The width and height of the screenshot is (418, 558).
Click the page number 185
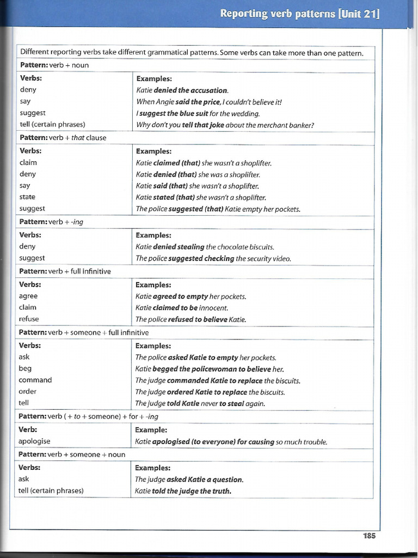(x=369, y=536)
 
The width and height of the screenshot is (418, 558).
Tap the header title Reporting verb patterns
(x=299, y=14)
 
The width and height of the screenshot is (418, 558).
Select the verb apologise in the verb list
(x=34, y=441)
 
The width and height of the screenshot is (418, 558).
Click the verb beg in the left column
(x=25, y=368)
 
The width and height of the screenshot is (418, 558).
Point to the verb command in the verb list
(x=35, y=380)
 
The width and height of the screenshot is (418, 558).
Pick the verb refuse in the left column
(x=29, y=319)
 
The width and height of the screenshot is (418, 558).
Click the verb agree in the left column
(x=28, y=296)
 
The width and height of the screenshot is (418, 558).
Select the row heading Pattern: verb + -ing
(x=51, y=222)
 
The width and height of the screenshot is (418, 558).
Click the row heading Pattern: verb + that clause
(x=63, y=138)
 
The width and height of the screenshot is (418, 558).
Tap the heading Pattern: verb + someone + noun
(x=72, y=454)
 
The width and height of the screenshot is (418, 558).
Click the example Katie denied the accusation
(x=182, y=90)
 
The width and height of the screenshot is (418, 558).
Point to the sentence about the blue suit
(x=198, y=113)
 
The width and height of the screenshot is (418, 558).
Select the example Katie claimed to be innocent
(x=182, y=307)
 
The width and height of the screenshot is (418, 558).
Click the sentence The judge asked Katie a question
(x=189, y=480)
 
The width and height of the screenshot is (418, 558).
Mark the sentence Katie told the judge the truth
(x=183, y=491)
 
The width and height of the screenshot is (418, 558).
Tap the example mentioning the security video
(x=213, y=258)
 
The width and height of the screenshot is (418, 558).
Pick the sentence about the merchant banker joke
(x=225, y=125)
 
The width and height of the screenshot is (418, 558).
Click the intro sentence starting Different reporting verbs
(x=192, y=52)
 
